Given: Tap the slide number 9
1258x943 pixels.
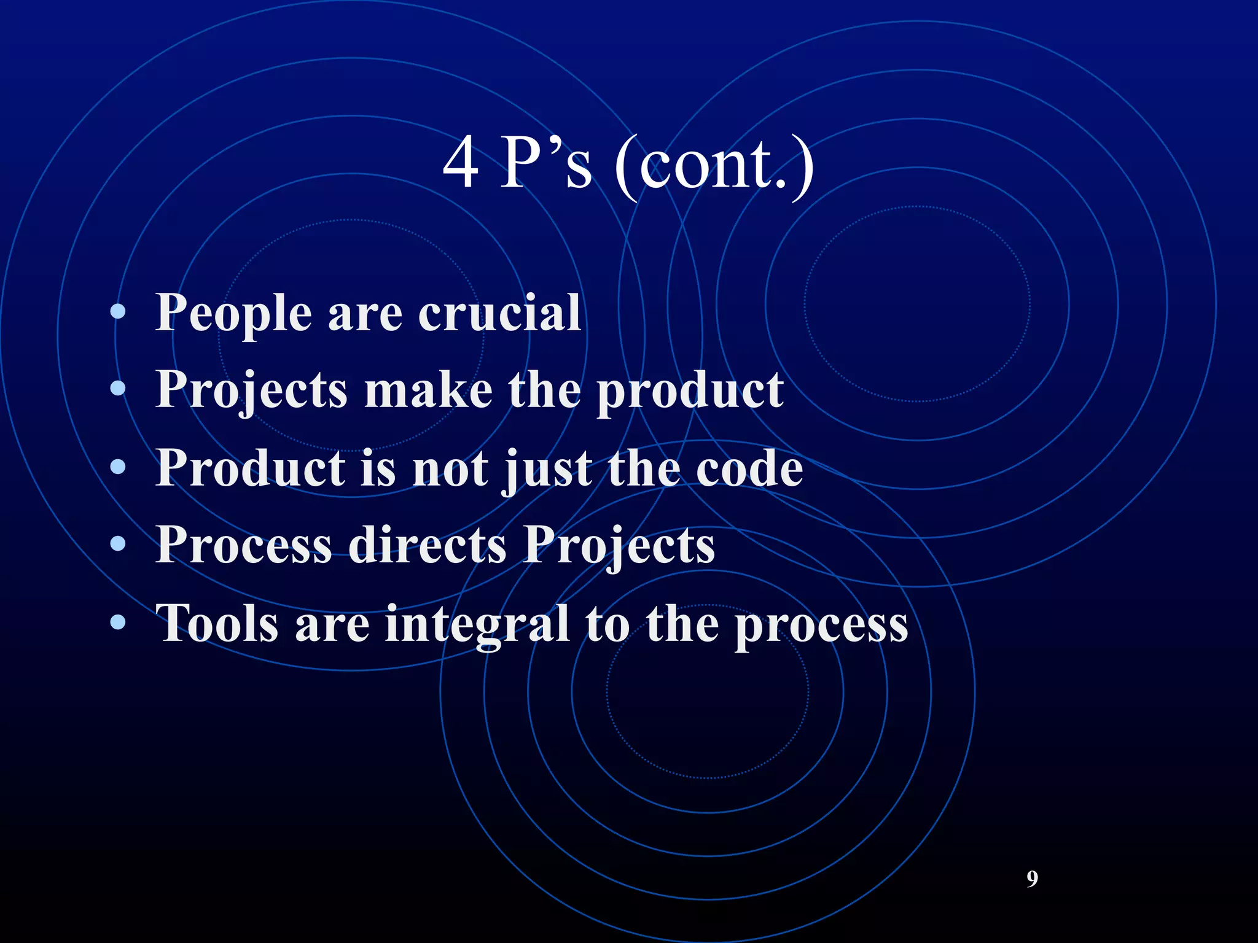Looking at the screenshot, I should [1032, 879].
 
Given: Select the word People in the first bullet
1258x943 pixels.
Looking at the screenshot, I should [233, 314].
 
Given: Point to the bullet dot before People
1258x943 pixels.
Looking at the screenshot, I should [118, 312].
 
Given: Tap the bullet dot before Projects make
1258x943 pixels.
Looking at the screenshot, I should [118, 389].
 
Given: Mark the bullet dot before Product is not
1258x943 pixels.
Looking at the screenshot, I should [118, 467].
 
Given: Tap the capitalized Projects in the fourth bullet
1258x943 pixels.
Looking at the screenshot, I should [619, 546].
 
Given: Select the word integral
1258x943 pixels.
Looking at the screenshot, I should [477, 625].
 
